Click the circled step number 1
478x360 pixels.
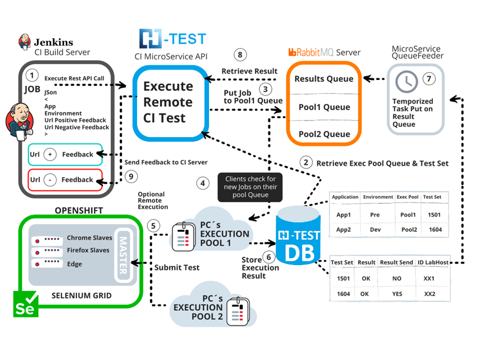33,75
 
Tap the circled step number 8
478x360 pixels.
241,55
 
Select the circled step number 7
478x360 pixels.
428,78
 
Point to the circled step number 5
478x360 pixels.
152,225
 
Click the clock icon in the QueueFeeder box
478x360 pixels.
407,82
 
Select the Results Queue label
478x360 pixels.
324,79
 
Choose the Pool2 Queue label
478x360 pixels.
324,134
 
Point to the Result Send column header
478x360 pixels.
396,262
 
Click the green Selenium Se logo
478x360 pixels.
25,304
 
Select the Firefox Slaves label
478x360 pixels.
88,250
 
